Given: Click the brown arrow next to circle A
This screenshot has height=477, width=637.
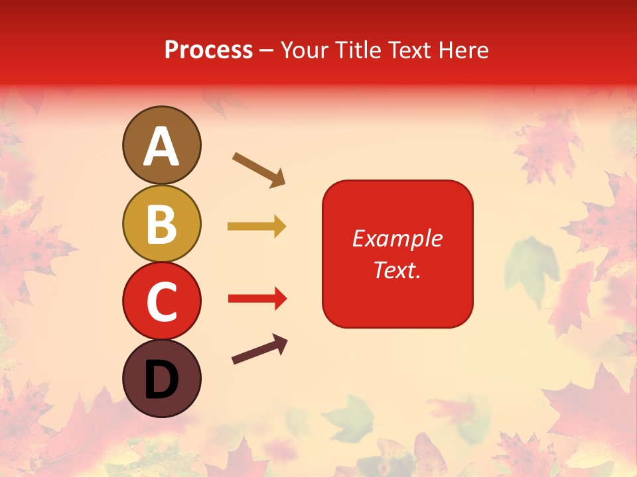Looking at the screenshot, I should pos(259,170).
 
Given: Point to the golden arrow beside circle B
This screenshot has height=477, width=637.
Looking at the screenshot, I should pos(257,227).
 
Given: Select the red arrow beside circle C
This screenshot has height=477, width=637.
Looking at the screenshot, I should pos(257,299).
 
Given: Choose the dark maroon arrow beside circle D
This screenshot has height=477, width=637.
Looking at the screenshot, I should pos(259,350).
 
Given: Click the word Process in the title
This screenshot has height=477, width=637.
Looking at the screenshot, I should pos(208,50).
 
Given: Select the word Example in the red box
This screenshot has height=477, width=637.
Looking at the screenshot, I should pos(397,238).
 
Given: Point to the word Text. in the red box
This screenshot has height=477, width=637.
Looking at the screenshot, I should pos(397,270).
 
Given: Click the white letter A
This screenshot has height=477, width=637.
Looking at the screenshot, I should pos(161,146).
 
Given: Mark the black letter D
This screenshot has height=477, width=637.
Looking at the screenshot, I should pos(161,380).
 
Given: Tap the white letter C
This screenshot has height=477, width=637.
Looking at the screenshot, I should pos(161,301).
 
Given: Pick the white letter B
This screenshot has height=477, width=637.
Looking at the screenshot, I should pos(161,224).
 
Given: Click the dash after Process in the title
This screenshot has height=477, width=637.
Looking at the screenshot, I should pos(267,51).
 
